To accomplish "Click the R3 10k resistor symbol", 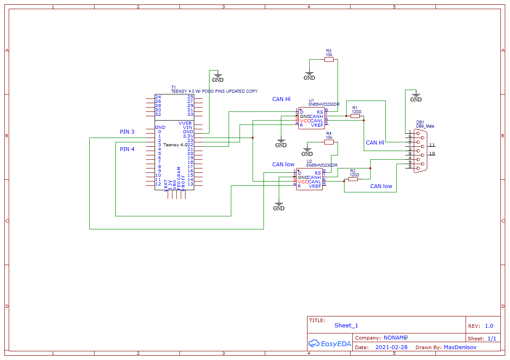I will pyautogui.click(x=329, y=60).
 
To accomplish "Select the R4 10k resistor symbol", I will pyautogui.click(x=329, y=142).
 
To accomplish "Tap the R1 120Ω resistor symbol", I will pyautogui.click(x=355, y=116).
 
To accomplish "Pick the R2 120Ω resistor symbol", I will pyautogui.click(x=353, y=179).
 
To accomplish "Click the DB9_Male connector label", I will pyautogui.click(x=425, y=126).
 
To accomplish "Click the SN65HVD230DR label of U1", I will pyautogui.click(x=324, y=104).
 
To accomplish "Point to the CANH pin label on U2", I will pyautogui.click(x=314, y=178).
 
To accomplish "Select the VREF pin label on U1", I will pyautogui.click(x=317, y=125).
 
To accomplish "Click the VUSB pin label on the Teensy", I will pyautogui.click(x=185, y=123).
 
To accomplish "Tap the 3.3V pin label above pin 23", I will pyautogui.click(x=188, y=136).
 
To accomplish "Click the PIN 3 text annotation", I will pyautogui.click(x=127, y=132).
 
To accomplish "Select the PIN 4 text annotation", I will pyautogui.click(x=127, y=149).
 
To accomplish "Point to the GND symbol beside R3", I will pyautogui.click(x=309, y=75).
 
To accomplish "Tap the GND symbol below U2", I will pyautogui.click(x=279, y=206).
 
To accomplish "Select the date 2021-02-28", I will pyautogui.click(x=391, y=347).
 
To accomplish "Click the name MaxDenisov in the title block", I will pyautogui.click(x=460, y=347).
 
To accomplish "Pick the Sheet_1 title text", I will pyautogui.click(x=346, y=326).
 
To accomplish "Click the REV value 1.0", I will pyautogui.click(x=489, y=326).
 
